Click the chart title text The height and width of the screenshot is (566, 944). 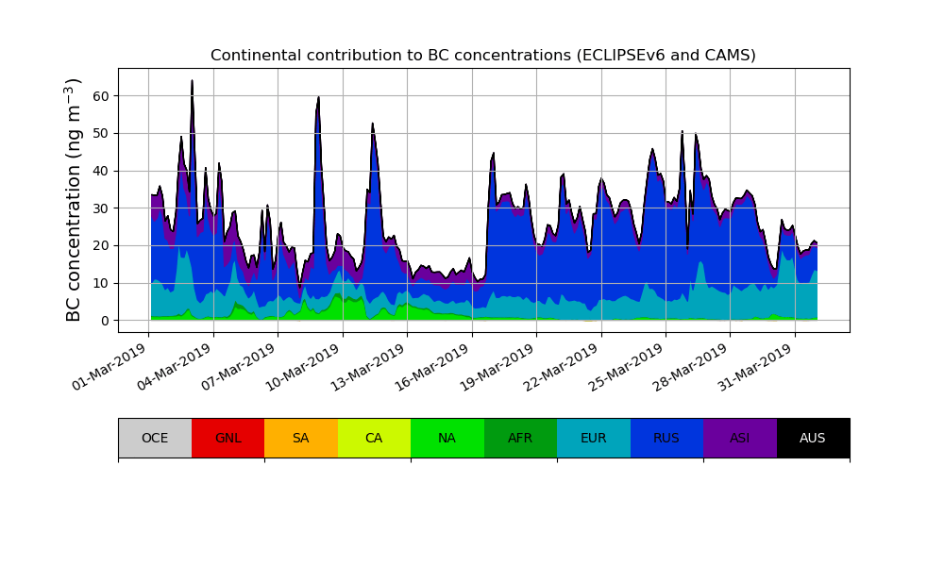point(482,56)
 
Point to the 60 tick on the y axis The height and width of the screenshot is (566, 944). point(99,96)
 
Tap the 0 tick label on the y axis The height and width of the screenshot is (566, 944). point(105,321)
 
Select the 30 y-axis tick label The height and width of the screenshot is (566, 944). point(99,208)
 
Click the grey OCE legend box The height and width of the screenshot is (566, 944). point(155,438)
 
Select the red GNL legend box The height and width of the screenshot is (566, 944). point(228,438)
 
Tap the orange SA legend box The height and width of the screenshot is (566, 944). point(301,438)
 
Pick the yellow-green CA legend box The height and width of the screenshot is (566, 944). point(374,438)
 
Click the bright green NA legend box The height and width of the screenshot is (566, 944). point(447,438)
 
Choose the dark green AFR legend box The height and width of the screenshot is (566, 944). point(520,438)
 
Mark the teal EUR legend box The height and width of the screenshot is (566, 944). point(594,438)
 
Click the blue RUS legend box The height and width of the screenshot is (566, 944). point(666,438)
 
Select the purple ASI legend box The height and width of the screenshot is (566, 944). point(740,438)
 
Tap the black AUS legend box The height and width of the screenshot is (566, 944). point(813,438)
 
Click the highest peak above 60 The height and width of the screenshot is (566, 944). point(192,82)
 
